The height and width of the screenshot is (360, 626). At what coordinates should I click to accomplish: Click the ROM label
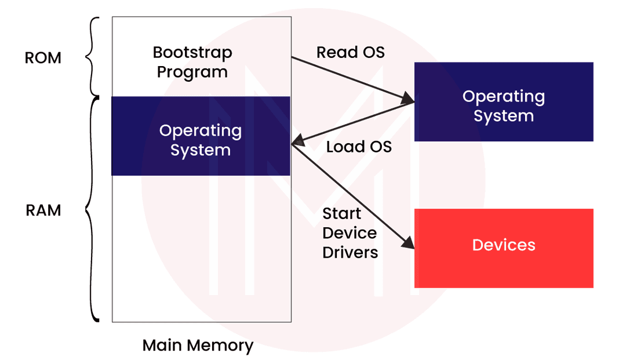[x=43, y=58]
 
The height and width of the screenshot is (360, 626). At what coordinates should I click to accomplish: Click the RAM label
[x=43, y=210]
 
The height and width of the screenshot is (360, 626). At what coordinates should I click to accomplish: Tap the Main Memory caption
[x=198, y=346]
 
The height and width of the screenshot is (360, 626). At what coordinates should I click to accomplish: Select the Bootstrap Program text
[x=192, y=62]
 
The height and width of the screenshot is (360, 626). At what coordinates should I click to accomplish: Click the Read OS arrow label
[x=350, y=52]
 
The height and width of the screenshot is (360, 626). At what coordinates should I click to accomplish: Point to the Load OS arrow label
[x=359, y=146]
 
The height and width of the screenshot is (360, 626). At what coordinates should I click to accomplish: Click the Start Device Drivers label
[x=350, y=233]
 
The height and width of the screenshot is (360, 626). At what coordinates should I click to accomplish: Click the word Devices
[x=504, y=245]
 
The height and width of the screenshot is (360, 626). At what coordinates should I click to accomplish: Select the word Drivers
[x=350, y=252]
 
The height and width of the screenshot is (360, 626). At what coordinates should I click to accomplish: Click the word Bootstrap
[x=192, y=53]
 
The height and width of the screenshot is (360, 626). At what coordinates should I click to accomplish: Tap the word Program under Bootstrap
[x=192, y=72]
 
